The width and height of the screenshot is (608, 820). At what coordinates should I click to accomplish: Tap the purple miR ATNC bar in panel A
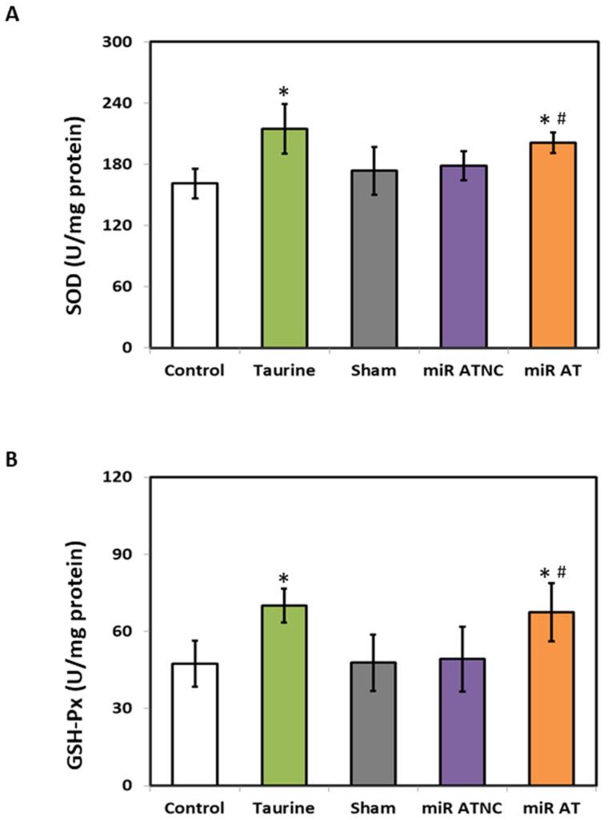coord(462,257)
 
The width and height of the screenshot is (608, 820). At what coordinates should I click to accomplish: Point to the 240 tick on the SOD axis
coord(127,103)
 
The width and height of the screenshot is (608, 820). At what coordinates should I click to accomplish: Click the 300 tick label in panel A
coord(127,42)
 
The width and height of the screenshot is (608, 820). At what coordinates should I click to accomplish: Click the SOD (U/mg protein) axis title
coord(78,195)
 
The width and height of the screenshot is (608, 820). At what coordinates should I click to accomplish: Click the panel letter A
coord(12,14)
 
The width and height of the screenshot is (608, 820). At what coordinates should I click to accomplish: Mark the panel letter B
coord(12,461)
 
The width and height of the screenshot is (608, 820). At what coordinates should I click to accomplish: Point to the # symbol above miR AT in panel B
coord(561,572)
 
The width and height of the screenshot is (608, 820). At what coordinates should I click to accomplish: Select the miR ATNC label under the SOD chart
coord(462,371)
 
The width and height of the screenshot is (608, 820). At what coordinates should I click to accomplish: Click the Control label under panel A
coord(195,371)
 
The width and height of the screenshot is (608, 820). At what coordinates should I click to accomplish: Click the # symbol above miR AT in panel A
coord(562,119)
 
